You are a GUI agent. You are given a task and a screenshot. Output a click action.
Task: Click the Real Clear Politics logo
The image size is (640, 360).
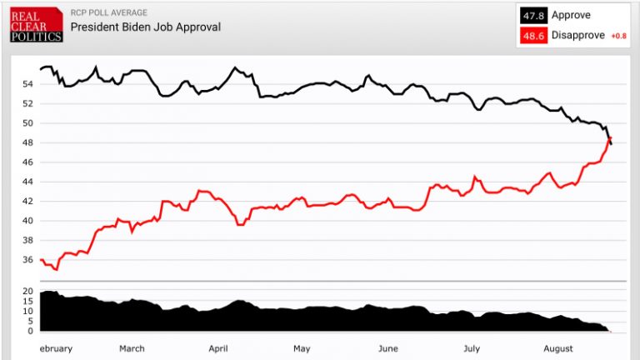(x=35, y=25)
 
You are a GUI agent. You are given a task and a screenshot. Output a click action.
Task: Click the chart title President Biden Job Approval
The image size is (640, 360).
(x=145, y=27)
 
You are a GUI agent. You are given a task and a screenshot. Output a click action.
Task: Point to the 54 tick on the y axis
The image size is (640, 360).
(x=27, y=84)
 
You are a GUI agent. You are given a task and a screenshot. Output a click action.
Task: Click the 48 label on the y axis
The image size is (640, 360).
(x=27, y=142)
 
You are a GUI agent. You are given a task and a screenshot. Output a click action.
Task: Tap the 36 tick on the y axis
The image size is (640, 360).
(x=27, y=260)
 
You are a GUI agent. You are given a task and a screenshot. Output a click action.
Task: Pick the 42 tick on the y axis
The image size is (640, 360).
(x=27, y=201)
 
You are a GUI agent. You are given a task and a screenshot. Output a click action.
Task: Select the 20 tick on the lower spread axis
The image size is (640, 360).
(x=27, y=292)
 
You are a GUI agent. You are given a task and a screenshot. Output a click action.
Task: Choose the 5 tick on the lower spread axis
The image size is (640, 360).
(x=29, y=322)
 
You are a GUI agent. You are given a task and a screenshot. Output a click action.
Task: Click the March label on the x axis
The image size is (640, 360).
(x=132, y=348)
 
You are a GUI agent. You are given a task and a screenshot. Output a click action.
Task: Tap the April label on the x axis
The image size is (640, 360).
(x=218, y=348)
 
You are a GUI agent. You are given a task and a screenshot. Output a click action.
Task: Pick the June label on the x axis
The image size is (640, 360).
(x=388, y=348)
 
